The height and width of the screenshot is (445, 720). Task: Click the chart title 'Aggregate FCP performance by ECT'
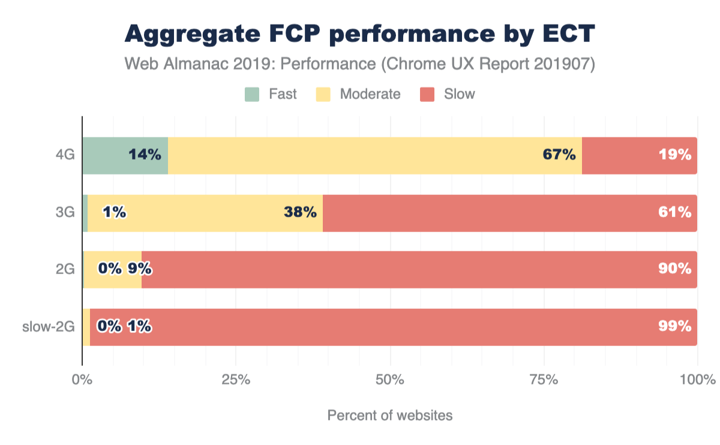coord(359,34)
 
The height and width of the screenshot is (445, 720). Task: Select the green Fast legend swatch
coord(252,94)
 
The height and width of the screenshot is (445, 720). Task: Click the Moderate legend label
coord(370,94)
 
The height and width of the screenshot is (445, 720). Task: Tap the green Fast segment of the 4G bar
coord(105,155)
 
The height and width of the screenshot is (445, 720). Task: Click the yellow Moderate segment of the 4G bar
coord(360,155)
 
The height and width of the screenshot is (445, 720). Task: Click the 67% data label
coord(559,155)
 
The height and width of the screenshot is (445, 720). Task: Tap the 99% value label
coord(675,327)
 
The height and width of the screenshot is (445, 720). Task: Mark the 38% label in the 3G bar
coord(300,212)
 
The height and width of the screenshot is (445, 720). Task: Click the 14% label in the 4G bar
coord(145,155)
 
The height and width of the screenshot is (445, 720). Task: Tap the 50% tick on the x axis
coord(390,380)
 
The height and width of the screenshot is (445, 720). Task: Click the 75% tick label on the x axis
coord(544,380)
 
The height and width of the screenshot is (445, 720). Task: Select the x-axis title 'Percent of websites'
coord(390,415)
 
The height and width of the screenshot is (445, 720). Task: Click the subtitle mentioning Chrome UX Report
coord(359,64)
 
